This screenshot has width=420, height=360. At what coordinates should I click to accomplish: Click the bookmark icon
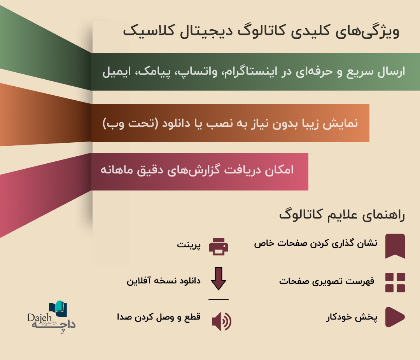point(395,246)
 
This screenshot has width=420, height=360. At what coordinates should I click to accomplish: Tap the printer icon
point(219,246)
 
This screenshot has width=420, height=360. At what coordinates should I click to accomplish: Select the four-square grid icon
point(395,283)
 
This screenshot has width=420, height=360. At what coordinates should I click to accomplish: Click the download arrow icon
point(219,279)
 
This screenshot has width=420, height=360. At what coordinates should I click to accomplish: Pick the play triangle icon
point(395,317)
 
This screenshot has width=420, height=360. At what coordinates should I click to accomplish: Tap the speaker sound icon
point(222,322)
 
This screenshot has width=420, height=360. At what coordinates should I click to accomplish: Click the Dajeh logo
point(51,317)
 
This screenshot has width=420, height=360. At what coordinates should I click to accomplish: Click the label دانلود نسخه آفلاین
point(164,281)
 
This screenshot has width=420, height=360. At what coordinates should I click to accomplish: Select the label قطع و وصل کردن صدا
point(159,317)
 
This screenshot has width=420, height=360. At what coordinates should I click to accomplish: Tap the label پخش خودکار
point(352,317)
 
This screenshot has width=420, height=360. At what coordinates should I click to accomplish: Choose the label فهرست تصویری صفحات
point(327,281)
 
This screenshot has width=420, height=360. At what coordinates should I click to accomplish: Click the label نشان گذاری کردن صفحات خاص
point(316,243)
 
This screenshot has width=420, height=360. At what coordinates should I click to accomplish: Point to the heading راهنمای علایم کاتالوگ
point(342,215)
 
